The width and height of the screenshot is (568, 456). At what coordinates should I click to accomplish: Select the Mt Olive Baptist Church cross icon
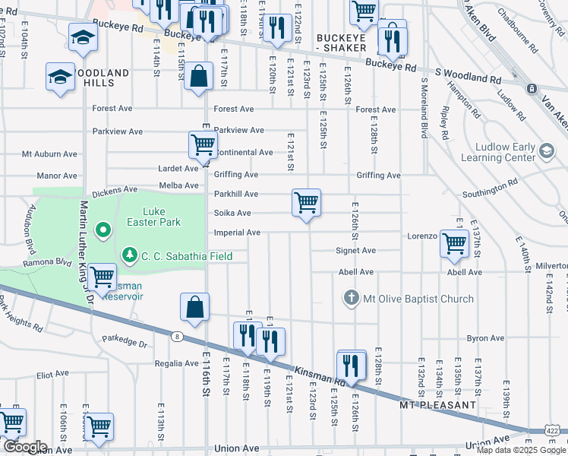pos(351,299)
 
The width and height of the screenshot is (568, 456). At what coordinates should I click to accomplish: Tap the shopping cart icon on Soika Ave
pos(306,203)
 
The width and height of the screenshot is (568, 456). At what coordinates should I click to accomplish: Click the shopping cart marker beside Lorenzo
pos(453,243)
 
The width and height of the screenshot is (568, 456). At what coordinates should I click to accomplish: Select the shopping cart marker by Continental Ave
pos(203,144)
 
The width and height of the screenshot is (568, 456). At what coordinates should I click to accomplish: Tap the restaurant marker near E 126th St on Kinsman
pos(350,365)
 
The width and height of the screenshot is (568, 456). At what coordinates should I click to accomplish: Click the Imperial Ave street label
pos(238,233)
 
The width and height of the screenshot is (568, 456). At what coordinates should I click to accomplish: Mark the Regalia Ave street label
pos(175,363)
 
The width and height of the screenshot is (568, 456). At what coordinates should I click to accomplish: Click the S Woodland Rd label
pos(465,72)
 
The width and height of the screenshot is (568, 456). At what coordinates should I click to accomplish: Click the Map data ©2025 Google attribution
pos(520,450)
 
